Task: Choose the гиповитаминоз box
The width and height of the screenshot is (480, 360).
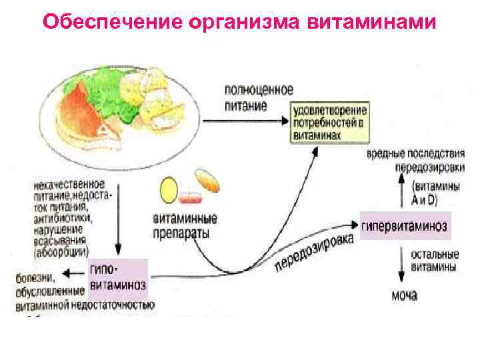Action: coord(117,277)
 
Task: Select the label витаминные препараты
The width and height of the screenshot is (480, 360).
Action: coord(181,225)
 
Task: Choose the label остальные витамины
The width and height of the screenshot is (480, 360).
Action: coord(435,261)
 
